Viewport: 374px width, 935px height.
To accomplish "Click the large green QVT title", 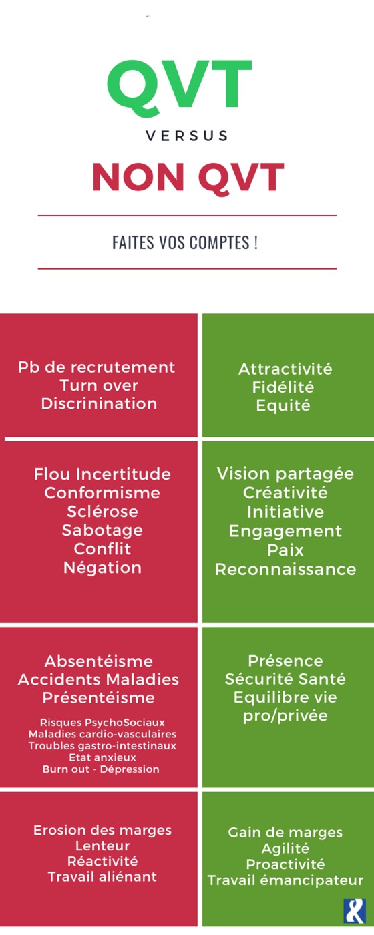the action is [180, 87].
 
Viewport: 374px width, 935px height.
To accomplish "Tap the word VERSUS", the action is [188, 136].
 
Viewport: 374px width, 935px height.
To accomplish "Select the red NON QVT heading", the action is [188, 177].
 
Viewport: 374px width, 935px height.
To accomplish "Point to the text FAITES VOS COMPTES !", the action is [185, 242].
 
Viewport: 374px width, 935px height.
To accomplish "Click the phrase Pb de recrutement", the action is [97, 368].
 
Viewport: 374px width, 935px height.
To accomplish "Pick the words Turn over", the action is [99, 385].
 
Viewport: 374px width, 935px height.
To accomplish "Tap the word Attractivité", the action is [286, 369].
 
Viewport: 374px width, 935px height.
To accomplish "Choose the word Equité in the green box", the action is [283, 405].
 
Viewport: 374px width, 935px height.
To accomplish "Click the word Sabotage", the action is [102, 530].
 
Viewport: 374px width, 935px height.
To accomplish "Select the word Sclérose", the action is [102, 512].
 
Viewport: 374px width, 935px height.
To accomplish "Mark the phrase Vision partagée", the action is [286, 474].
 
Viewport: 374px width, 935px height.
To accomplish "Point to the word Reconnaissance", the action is [286, 569].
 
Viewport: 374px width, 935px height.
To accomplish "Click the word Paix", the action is [286, 550].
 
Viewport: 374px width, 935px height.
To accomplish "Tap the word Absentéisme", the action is [99, 661].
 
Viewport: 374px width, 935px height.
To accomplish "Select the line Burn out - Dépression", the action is [101, 769].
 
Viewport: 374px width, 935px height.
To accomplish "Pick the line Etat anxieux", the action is [103, 757].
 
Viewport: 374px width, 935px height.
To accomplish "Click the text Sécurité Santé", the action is [286, 679].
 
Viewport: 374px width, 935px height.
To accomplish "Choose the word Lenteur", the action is [102, 846].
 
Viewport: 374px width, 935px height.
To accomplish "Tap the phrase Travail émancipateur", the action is [286, 880].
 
